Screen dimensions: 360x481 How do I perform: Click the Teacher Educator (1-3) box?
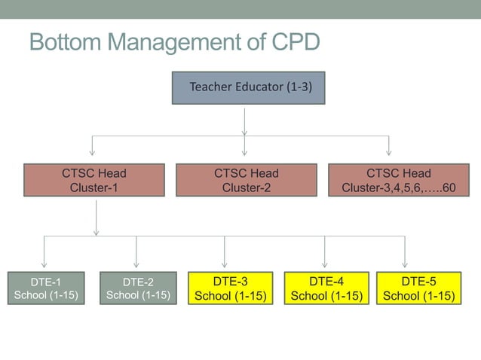[248, 87]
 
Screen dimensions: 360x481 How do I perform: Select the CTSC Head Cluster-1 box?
[94, 180]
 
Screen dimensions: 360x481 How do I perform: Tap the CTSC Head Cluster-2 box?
[246, 180]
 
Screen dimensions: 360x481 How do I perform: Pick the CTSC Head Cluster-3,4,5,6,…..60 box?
[398, 180]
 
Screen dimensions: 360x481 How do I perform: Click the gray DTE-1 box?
[45, 288]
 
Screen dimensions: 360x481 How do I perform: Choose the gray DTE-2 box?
[138, 288]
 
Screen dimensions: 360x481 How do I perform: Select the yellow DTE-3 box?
[231, 288]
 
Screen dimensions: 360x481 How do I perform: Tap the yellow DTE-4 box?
[326, 288]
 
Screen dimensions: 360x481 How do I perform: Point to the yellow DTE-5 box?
[418, 288]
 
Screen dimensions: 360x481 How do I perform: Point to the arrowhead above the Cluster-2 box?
[245, 153]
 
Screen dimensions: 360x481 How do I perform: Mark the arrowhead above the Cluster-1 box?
[92, 153]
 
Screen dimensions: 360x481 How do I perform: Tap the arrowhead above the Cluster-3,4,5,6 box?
[389, 153]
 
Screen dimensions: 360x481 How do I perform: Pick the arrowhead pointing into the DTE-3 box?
[225, 264]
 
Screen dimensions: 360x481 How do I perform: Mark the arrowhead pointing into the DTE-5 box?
[405, 264]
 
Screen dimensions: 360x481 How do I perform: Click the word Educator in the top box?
[259, 87]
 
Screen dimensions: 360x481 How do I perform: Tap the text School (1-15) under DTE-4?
[326, 295]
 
